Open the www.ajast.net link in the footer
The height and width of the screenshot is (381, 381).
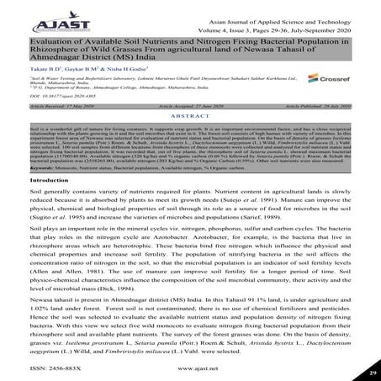pyautogui.click(x=190, y=368)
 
